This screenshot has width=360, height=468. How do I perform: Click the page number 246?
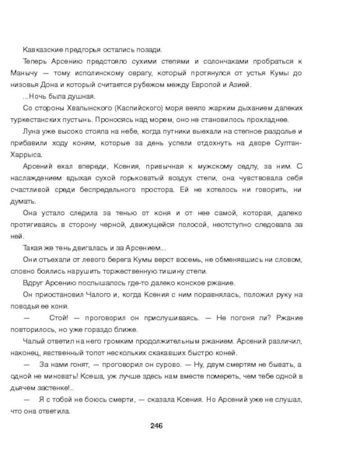[156, 425]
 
